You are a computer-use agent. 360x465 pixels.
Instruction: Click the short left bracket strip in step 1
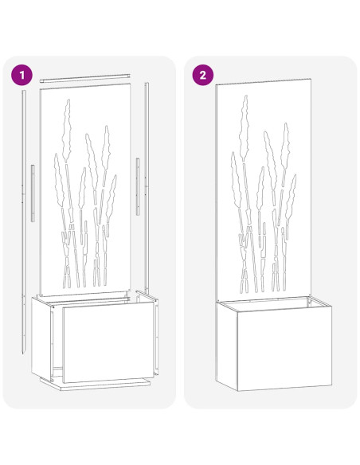[x=33, y=193]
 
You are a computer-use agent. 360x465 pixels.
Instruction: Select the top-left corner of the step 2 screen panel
[x=217, y=87]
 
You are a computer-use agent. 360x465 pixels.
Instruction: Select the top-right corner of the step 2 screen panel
[x=309, y=80]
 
